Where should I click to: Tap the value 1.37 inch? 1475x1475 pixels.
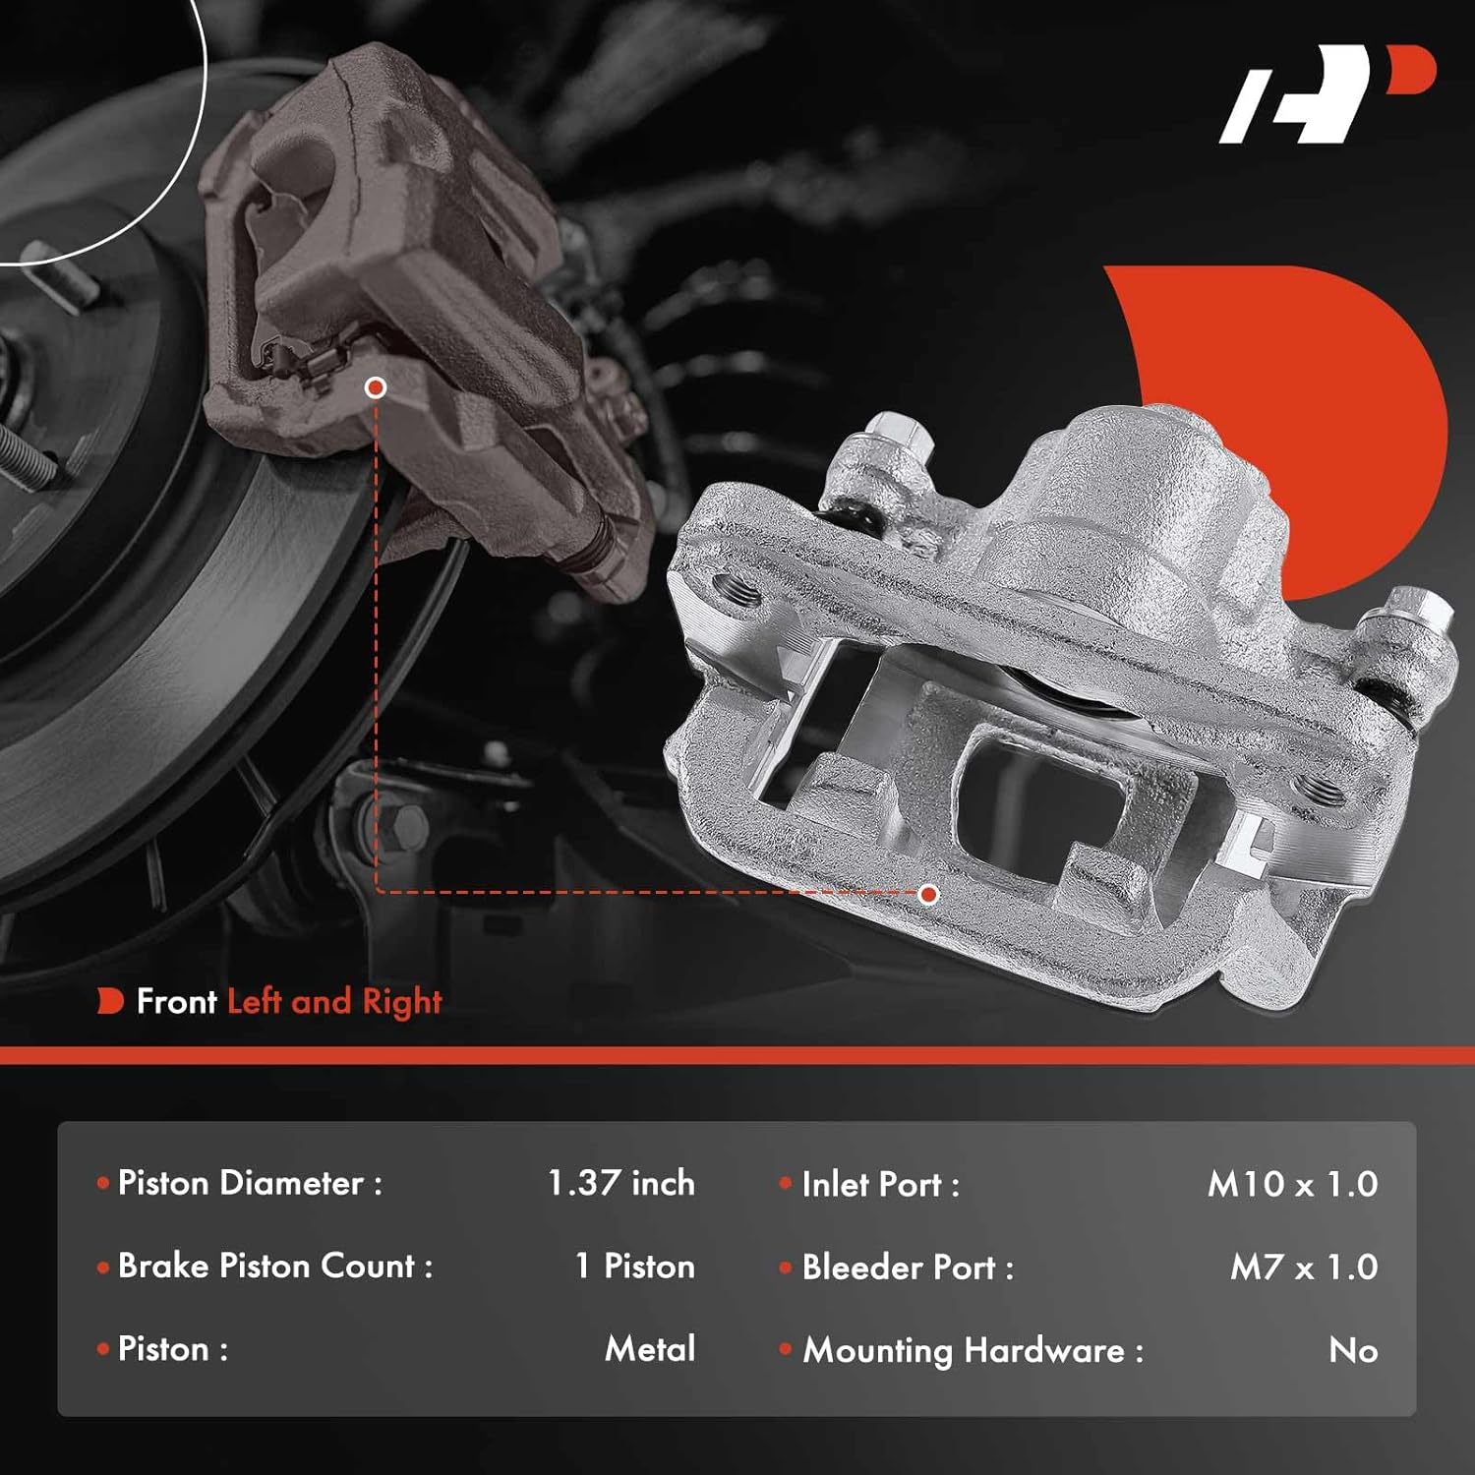coord(620,1183)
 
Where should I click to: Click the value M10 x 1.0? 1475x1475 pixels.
coord(1292,1184)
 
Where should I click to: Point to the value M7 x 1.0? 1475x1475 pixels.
coord(1304,1267)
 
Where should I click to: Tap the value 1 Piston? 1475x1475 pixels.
coord(635,1267)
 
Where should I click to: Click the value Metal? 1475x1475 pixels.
coord(650,1348)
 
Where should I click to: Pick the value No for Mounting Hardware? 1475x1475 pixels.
coord(1353,1350)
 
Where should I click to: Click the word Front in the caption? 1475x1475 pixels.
coord(176,1002)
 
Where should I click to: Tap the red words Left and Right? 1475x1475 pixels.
coord(334,1002)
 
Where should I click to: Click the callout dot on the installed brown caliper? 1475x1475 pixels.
coord(375,388)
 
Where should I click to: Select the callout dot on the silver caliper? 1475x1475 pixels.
coord(928,895)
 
